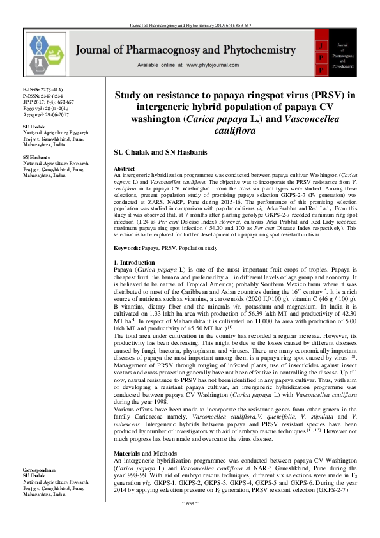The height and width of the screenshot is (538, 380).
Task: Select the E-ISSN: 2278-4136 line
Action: tap(43, 91)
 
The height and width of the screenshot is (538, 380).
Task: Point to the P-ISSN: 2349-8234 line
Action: tap(43, 96)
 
